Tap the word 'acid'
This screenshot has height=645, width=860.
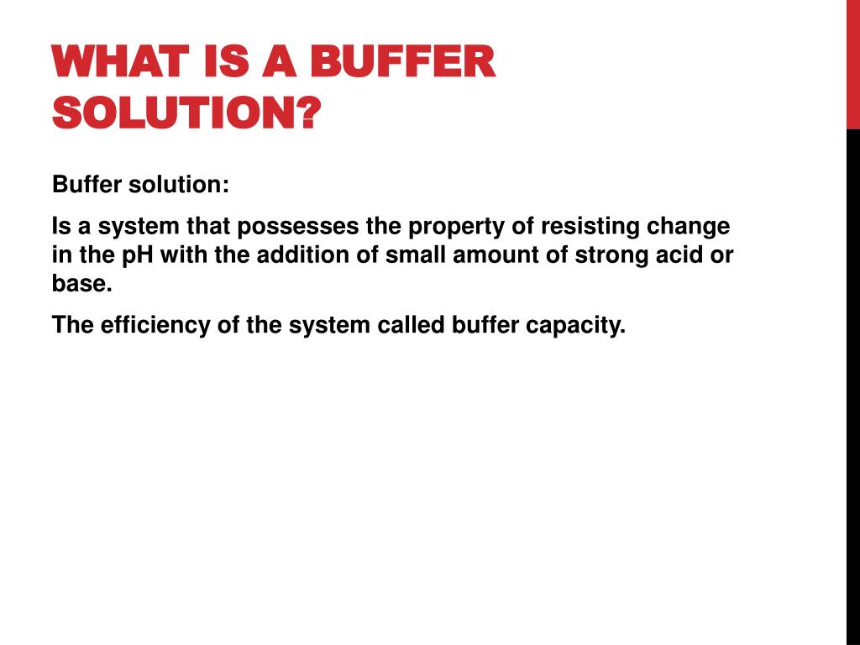pyautogui.click(x=680, y=255)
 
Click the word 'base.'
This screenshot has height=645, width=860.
pyautogui.click(x=81, y=283)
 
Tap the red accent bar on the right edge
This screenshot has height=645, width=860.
pyautogui.click(x=852, y=64)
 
